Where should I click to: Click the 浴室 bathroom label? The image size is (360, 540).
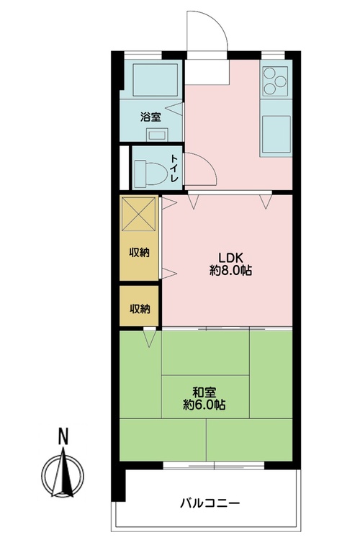[150, 117]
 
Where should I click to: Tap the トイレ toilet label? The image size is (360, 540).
[175, 168]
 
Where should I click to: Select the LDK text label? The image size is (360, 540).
[231, 257]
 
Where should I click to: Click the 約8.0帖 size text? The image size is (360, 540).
[231, 271]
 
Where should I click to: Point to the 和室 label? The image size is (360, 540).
[204, 392]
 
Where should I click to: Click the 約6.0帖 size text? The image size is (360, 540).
[204, 405]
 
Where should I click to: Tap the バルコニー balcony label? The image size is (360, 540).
[210, 503]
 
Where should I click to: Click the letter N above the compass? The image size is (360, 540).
[63, 436]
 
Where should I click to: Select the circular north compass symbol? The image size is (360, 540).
[63, 475]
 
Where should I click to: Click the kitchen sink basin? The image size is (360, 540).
[276, 135]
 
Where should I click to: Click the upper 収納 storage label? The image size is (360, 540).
[140, 253]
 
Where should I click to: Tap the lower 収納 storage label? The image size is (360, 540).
[140, 309]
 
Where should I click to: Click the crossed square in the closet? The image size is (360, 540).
[139, 215]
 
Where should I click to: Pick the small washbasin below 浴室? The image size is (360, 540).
[157, 135]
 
